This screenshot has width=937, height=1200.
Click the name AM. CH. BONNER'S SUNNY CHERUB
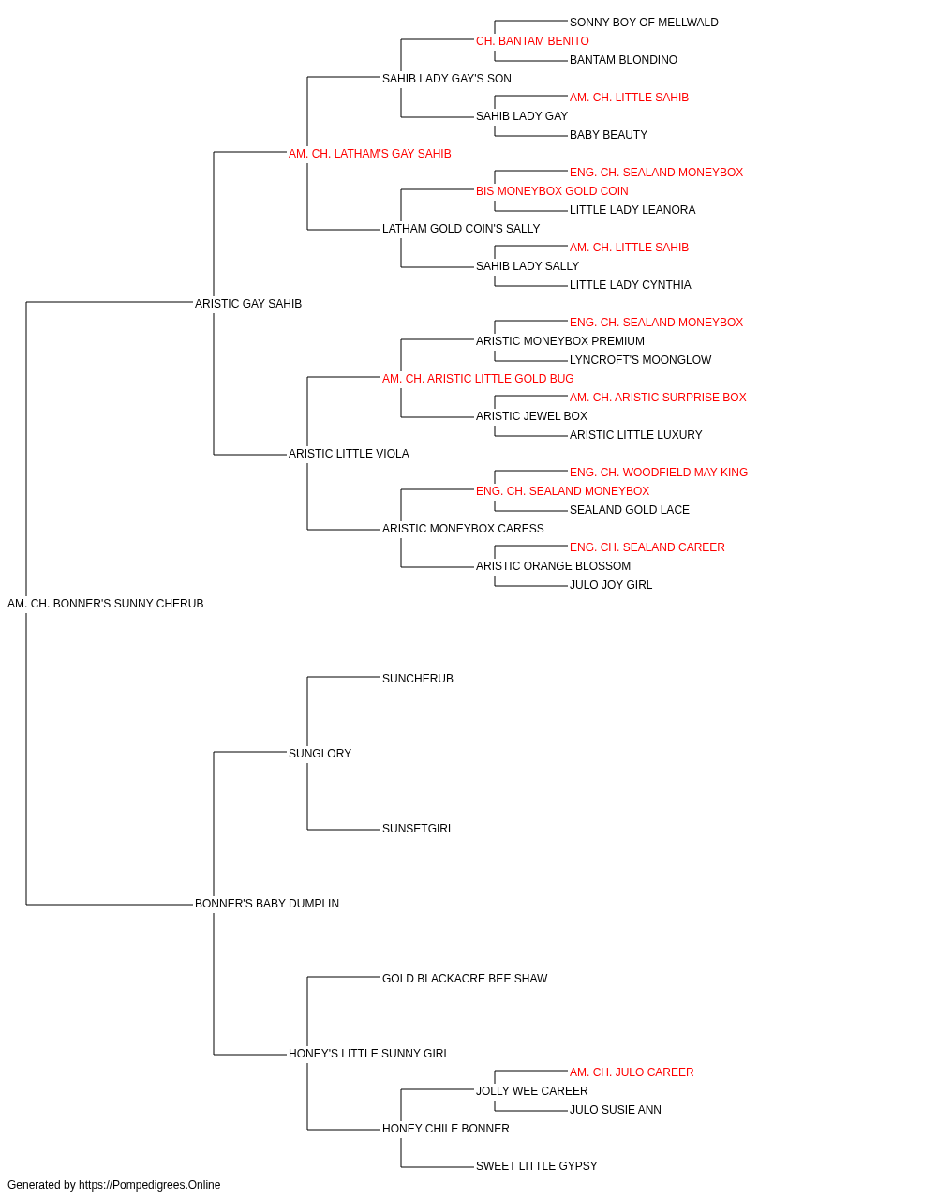105,604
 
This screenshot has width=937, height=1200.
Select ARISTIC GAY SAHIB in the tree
248,304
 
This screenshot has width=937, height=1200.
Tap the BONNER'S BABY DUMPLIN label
267,904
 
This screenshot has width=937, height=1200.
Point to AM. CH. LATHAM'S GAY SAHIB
370,154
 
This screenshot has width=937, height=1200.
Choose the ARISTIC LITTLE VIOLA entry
349,454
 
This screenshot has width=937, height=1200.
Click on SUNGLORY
320,753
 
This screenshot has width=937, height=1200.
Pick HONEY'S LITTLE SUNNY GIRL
369,1053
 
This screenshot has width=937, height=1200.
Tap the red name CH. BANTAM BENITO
532,41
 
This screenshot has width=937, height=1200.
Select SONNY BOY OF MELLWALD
644,22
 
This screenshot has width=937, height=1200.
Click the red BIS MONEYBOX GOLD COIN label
552,191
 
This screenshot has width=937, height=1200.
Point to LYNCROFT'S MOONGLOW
641,359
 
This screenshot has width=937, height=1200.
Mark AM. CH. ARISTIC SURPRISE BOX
658,397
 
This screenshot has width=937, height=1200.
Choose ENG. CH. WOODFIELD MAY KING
659,472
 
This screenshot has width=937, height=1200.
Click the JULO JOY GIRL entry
611,585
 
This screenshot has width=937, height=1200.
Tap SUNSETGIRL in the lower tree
418,829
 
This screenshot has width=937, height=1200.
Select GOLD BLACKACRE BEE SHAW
465,979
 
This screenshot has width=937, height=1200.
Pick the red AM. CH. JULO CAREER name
632,1072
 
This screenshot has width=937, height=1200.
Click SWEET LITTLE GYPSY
537,1165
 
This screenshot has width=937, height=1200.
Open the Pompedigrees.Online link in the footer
150,1185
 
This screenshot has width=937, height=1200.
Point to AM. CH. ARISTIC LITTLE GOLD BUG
478,378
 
